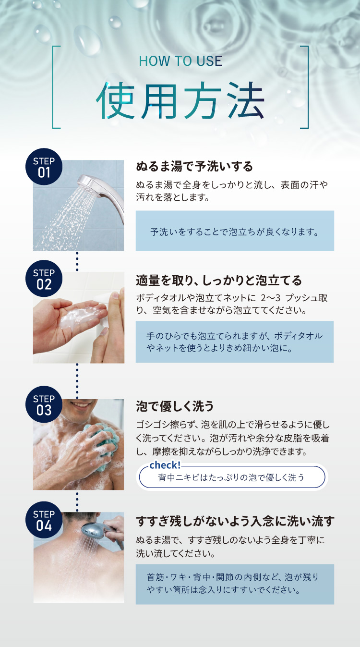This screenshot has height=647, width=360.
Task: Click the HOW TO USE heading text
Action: (x=180, y=61)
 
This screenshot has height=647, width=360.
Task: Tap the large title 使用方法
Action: (x=180, y=100)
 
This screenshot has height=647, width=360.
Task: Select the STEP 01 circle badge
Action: (x=44, y=167)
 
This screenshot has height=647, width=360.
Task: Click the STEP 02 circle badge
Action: (x=44, y=279)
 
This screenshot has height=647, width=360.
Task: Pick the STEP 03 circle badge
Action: (x=44, y=404)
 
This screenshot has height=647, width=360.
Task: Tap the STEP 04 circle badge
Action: (x=44, y=520)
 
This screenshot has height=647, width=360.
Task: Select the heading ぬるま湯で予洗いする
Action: (x=194, y=167)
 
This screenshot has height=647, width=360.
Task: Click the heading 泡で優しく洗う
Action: (x=175, y=406)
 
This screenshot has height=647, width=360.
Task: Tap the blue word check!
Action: (x=165, y=465)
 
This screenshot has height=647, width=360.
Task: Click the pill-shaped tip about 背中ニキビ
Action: (x=232, y=477)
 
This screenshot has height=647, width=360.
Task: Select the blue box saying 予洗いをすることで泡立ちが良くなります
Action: (x=235, y=231)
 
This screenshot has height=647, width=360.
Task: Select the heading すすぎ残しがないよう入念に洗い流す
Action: (x=235, y=521)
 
